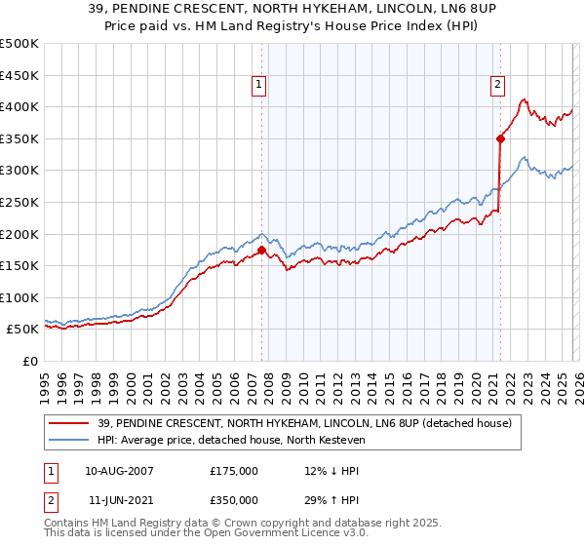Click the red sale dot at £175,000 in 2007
[261, 250]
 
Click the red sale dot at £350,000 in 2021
[500, 138]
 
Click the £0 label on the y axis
[29, 362]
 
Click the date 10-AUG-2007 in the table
[119, 470]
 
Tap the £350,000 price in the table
[234, 502]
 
